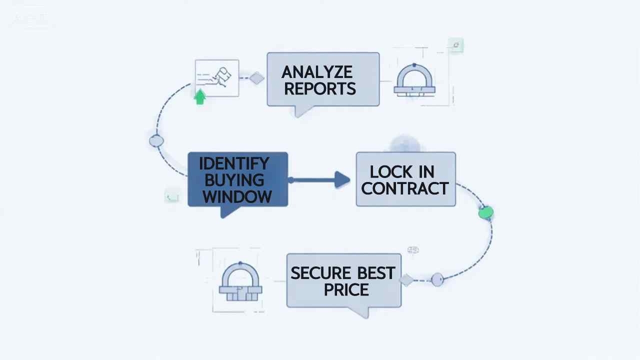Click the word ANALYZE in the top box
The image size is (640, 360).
pos(317,72)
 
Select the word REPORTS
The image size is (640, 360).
pos(320,88)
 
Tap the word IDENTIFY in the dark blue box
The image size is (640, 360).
pos(234,163)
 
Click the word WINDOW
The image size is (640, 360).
pos(237,196)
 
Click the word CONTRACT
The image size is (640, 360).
pos(405,188)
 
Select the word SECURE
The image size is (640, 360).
pos(321,273)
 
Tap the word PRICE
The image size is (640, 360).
pos(346,289)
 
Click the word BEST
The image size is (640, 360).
pos(376,273)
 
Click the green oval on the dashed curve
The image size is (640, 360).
pos(485,213)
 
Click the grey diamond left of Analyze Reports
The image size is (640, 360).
pos(257,78)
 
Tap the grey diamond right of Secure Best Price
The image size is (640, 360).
pos(406,280)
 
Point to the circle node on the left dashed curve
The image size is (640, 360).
pos(156,141)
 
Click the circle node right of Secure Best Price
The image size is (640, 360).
pos(437,280)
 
